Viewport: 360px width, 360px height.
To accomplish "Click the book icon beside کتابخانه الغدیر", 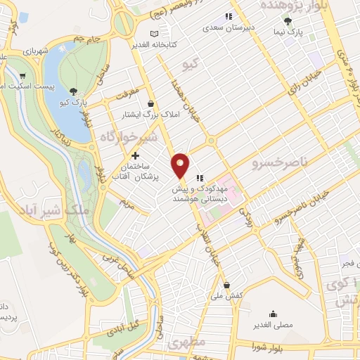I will pyautogui.click(x=155, y=33).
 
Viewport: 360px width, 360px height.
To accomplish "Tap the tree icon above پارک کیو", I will pyautogui.click(x=74, y=91).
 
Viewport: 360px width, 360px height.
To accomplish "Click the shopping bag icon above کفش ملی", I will pyautogui.click(x=226, y=285).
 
